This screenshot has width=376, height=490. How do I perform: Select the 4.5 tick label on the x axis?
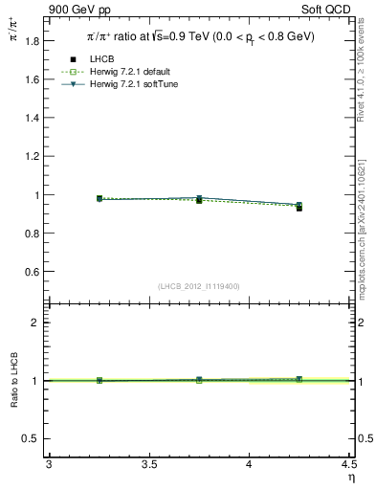point(347,465)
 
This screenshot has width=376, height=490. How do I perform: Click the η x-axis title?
point(350,478)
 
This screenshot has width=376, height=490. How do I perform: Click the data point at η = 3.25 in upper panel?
point(100,198)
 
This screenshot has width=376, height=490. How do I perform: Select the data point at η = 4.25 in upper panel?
point(299,207)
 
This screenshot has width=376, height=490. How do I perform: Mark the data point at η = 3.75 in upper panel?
point(199,199)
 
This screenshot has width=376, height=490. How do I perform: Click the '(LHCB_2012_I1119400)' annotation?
point(200,286)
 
